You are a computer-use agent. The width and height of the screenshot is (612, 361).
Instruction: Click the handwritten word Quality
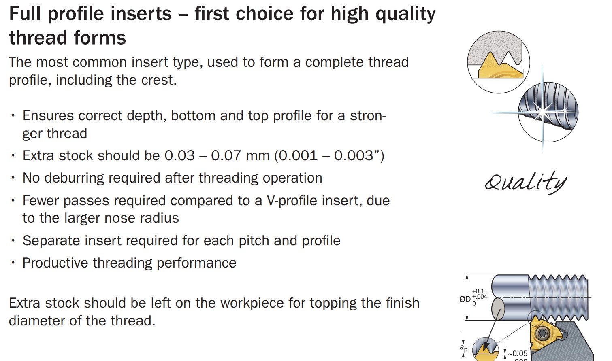tap(526, 183)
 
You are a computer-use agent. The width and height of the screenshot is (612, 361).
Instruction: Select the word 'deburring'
tap(74, 178)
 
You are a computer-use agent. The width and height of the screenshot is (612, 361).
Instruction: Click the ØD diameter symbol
tap(465, 299)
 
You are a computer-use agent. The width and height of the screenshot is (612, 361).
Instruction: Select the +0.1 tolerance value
tap(478, 291)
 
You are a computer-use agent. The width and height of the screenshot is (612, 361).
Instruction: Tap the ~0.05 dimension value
tap(518, 354)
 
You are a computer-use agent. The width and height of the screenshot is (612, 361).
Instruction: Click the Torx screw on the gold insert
tap(543, 333)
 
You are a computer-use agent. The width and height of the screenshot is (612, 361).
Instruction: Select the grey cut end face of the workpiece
tap(498, 309)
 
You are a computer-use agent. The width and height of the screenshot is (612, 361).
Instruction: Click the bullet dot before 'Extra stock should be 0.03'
tap(13, 156)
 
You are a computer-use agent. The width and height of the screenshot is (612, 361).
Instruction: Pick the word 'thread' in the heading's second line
tap(38, 38)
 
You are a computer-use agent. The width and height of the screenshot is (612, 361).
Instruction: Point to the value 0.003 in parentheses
tap(353, 156)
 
